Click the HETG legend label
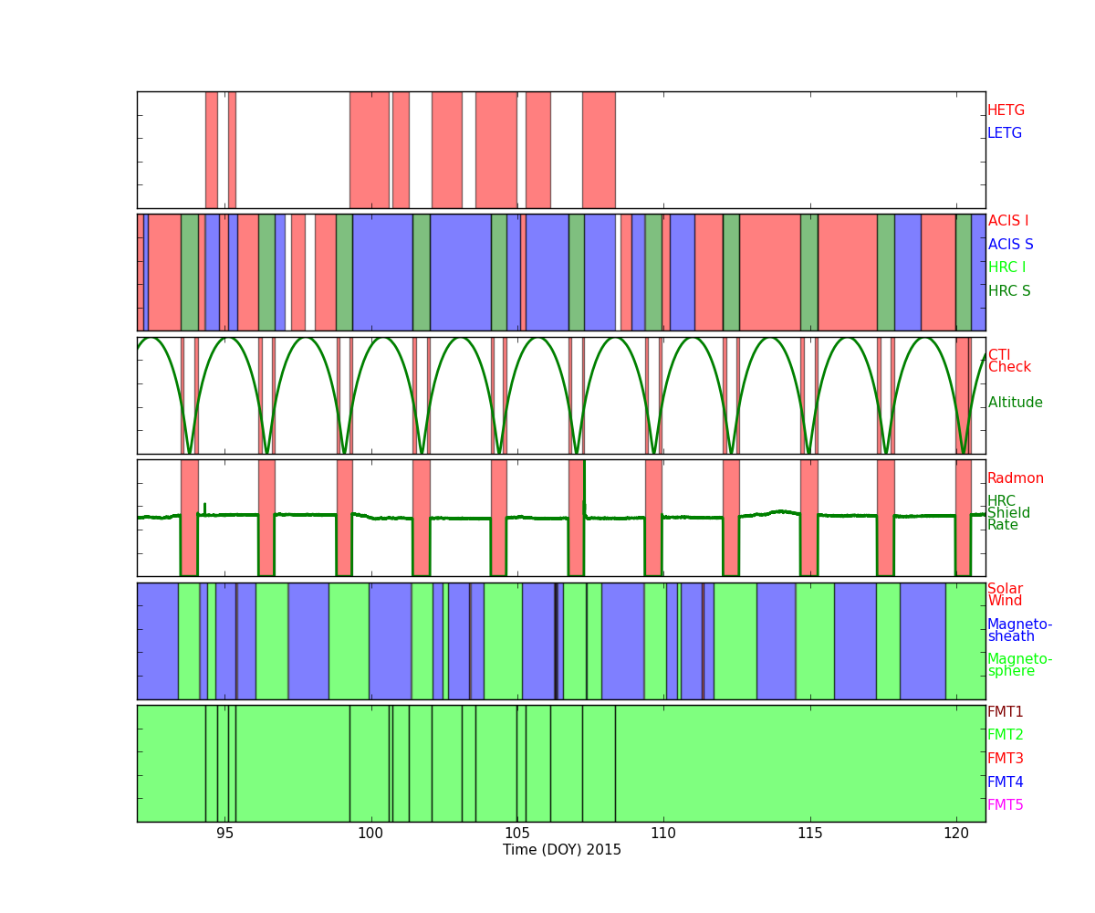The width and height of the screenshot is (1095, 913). [x=1006, y=110]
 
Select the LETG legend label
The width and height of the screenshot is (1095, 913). [x=1005, y=133]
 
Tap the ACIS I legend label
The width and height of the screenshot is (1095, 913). [x=1008, y=221]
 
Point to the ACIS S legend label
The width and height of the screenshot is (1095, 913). [x=1010, y=245]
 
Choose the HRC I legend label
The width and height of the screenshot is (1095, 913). [x=1006, y=268]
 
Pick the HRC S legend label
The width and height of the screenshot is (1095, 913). [x=1009, y=291]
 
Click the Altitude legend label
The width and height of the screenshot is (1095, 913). [x=1015, y=403]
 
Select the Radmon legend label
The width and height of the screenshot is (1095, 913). [x=1016, y=478]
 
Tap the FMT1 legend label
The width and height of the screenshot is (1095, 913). [x=1006, y=712]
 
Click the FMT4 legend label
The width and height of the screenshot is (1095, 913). [x=1006, y=782]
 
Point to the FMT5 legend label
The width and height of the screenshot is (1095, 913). [x=1006, y=805]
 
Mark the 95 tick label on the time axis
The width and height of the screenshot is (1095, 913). [x=224, y=833]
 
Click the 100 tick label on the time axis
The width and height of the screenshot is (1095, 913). [x=370, y=833]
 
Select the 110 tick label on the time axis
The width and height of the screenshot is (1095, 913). [x=663, y=833]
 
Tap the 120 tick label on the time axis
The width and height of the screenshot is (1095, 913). [x=956, y=833]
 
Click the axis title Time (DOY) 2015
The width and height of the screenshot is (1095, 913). [x=562, y=850]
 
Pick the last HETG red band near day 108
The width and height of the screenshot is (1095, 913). [x=599, y=150]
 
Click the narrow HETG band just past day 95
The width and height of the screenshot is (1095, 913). [x=232, y=150]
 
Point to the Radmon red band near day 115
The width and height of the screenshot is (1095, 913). [x=808, y=518]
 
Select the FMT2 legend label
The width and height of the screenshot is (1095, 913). [x=1006, y=735]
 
